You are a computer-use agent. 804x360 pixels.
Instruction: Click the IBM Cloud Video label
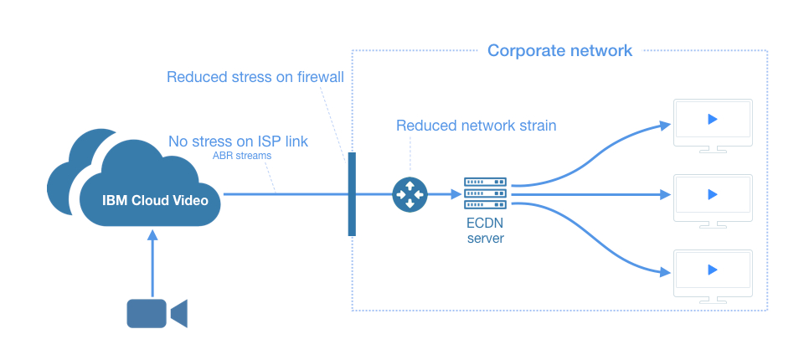click(x=155, y=200)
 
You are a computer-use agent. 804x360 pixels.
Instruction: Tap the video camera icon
click(x=156, y=312)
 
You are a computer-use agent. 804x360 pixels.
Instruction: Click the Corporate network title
click(x=559, y=51)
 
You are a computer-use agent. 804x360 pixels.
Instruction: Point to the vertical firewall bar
click(x=352, y=193)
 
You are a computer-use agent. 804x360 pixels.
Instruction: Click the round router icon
click(x=410, y=194)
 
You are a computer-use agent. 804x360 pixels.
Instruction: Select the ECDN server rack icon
click(x=485, y=193)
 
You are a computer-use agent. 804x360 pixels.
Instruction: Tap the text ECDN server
click(x=485, y=231)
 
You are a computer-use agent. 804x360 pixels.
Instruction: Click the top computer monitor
click(x=713, y=124)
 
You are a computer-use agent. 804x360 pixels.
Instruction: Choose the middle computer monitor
click(x=713, y=199)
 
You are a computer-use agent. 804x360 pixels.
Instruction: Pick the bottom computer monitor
click(x=713, y=274)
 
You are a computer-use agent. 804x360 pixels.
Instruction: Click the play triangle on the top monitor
click(x=712, y=119)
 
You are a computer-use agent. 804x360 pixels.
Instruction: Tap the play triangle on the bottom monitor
click(x=712, y=270)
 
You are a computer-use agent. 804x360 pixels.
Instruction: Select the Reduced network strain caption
click(x=476, y=126)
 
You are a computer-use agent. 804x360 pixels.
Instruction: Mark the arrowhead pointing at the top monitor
click(x=665, y=126)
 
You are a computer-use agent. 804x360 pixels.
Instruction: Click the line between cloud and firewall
click(x=285, y=194)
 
